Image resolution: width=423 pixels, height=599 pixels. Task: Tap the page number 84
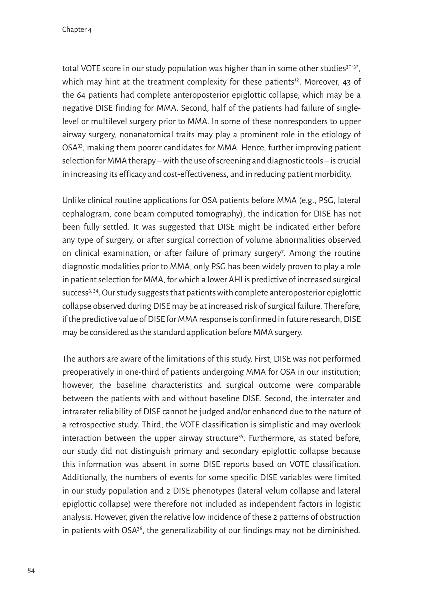coord(31,571)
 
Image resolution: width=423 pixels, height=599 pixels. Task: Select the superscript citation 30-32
coord(352,67)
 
